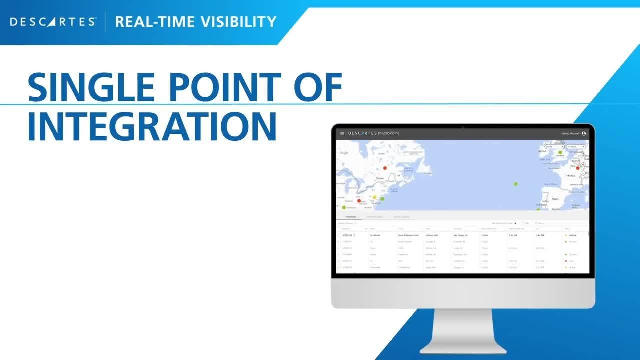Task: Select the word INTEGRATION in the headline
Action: (x=152, y=127)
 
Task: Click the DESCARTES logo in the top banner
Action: (x=52, y=22)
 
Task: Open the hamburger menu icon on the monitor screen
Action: (x=342, y=133)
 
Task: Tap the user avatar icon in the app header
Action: (x=583, y=133)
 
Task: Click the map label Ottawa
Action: (x=380, y=178)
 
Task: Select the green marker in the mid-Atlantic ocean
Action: (x=516, y=184)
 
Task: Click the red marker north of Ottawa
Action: (x=385, y=168)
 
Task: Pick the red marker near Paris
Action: (x=578, y=168)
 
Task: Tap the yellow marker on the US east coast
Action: (x=375, y=197)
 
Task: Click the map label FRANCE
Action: (x=571, y=176)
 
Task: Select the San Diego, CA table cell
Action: (x=460, y=235)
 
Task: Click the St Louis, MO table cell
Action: (x=432, y=235)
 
